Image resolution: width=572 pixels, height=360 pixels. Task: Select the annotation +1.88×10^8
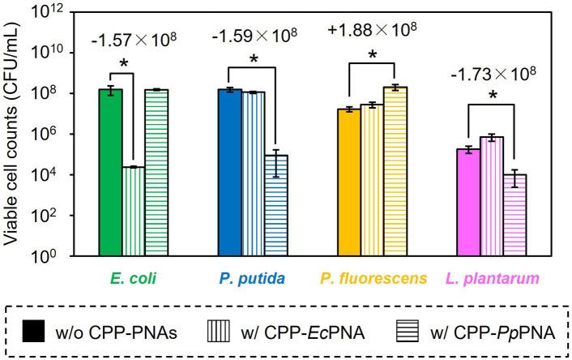coord(371,29)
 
